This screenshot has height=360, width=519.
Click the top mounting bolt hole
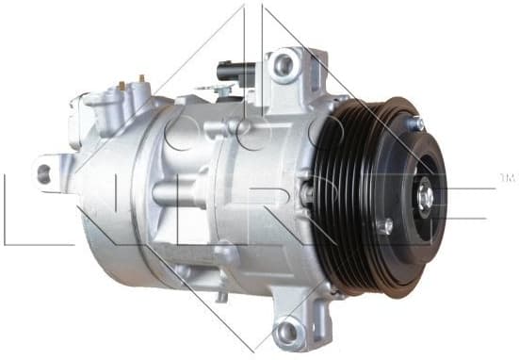[x=282, y=65]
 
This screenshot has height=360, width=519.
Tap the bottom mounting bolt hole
[x=286, y=331]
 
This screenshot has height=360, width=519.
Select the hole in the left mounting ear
[x=43, y=173]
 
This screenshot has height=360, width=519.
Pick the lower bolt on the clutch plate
[x=384, y=226]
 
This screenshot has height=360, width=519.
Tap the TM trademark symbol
[x=505, y=177]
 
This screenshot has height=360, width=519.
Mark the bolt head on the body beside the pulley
[x=306, y=193]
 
